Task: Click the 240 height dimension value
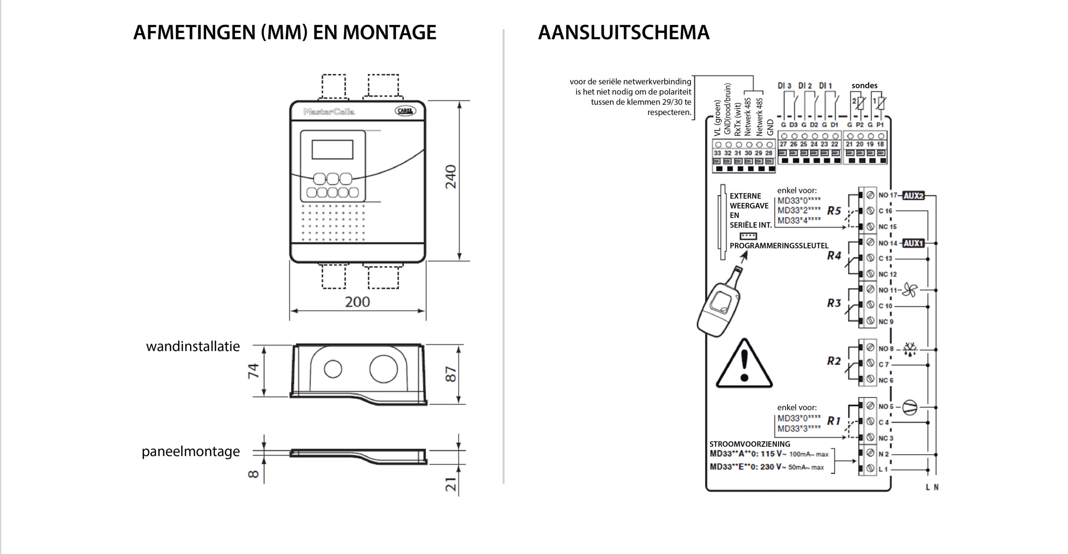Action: click(451, 176)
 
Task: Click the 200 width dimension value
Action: click(357, 302)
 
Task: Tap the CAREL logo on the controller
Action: click(405, 111)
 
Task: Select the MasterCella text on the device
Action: click(329, 111)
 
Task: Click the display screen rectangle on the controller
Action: click(332, 149)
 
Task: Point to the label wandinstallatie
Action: click(193, 346)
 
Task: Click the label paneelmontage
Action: click(191, 451)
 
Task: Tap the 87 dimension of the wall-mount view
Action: click(451, 374)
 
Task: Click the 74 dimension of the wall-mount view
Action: click(253, 371)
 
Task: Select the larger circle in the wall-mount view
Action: click(383, 369)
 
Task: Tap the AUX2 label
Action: click(913, 195)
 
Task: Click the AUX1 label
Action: click(913, 243)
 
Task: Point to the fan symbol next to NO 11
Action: click(909, 290)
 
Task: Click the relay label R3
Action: click(834, 303)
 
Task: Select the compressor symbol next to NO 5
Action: click(909, 407)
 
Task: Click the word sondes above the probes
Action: click(864, 86)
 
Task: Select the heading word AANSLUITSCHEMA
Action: click(623, 33)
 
